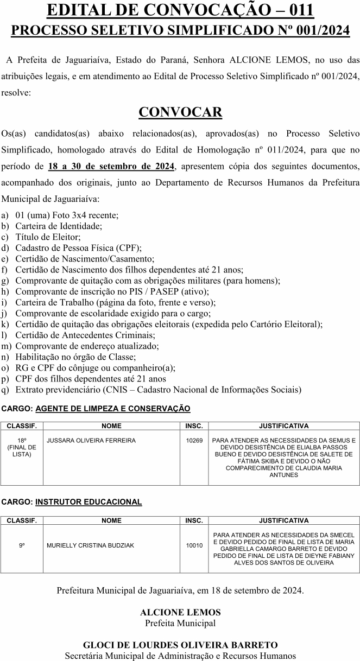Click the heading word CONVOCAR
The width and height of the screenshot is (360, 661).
tap(180, 112)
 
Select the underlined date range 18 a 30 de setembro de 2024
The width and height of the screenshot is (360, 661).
tap(111, 166)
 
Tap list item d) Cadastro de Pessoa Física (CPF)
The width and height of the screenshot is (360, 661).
tap(78, 248)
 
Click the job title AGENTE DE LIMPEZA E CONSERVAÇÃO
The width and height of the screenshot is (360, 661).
tap(113, 408)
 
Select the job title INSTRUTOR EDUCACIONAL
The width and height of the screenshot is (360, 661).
tap(89, 502)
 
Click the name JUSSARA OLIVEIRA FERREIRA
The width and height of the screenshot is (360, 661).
tap(91, 441)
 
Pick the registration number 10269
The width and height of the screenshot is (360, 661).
tap(194, 441)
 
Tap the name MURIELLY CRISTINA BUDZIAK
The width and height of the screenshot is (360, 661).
tap(91, 545)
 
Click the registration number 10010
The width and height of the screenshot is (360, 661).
tap(194, 545)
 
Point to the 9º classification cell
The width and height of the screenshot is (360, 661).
tap(22, 545)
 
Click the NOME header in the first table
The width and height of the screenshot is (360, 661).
tap(111, 426)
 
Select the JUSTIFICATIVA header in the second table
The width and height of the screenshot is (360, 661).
tap(283, 520)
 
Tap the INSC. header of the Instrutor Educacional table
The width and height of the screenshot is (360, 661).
tap(194, 520)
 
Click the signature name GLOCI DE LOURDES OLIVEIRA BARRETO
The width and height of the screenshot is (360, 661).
tap(180, 645)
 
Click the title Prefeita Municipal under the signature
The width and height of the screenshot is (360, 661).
tap(180, 622)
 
